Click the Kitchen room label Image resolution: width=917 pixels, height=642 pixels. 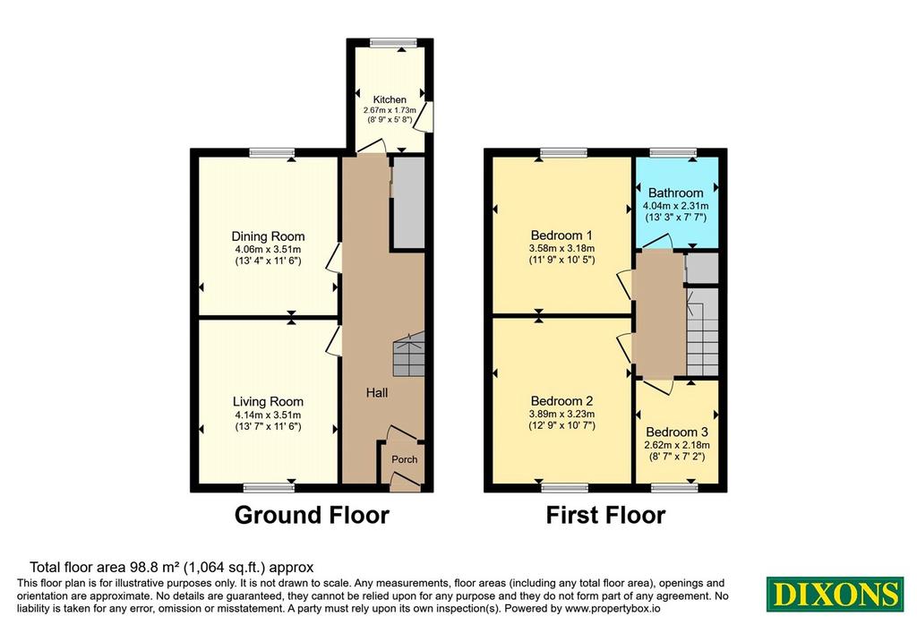(390, 99)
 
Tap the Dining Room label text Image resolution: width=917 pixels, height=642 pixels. (268, 236)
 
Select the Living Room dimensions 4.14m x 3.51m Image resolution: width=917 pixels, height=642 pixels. (268, 415)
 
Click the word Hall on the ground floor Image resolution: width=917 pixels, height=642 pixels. (377, 393)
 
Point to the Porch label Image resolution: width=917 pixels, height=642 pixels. (404, 459)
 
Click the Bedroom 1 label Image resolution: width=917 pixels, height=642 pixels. (561, 235)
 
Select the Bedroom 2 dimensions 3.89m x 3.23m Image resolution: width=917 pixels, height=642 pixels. (562, 414)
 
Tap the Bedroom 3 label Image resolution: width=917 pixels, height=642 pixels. (677, 432)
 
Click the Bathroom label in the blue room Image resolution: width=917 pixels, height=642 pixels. (675, 193)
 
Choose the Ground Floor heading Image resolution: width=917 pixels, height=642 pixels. (312, 515)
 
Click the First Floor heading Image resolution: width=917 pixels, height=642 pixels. (605, 515)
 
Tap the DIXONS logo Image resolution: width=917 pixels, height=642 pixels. (835, 594)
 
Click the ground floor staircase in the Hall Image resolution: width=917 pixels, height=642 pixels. (408, 355)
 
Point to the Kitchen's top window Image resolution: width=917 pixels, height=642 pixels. (394, 42)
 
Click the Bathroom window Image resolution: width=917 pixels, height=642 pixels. (673, 152)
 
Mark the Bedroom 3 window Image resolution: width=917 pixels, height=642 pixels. (675, 488)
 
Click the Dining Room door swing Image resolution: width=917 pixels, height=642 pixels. (334, 257)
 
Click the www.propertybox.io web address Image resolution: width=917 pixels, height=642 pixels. (613, 609)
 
